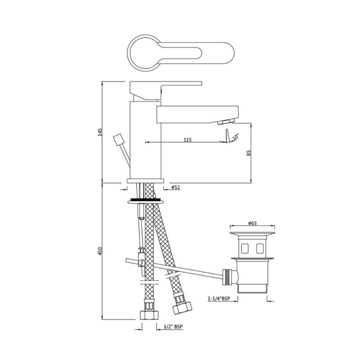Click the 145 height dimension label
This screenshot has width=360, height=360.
click(100, 132)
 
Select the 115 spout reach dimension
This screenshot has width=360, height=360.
click(187, 139)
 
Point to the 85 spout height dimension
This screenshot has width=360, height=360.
click(249, 153)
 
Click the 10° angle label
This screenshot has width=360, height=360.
click(236, 137)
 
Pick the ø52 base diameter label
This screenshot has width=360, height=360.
click(175, 187)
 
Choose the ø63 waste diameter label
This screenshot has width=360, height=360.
click(252, 223)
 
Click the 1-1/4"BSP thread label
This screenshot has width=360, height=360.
click(219, 299)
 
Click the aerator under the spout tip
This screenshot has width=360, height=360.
click(226, 122)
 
